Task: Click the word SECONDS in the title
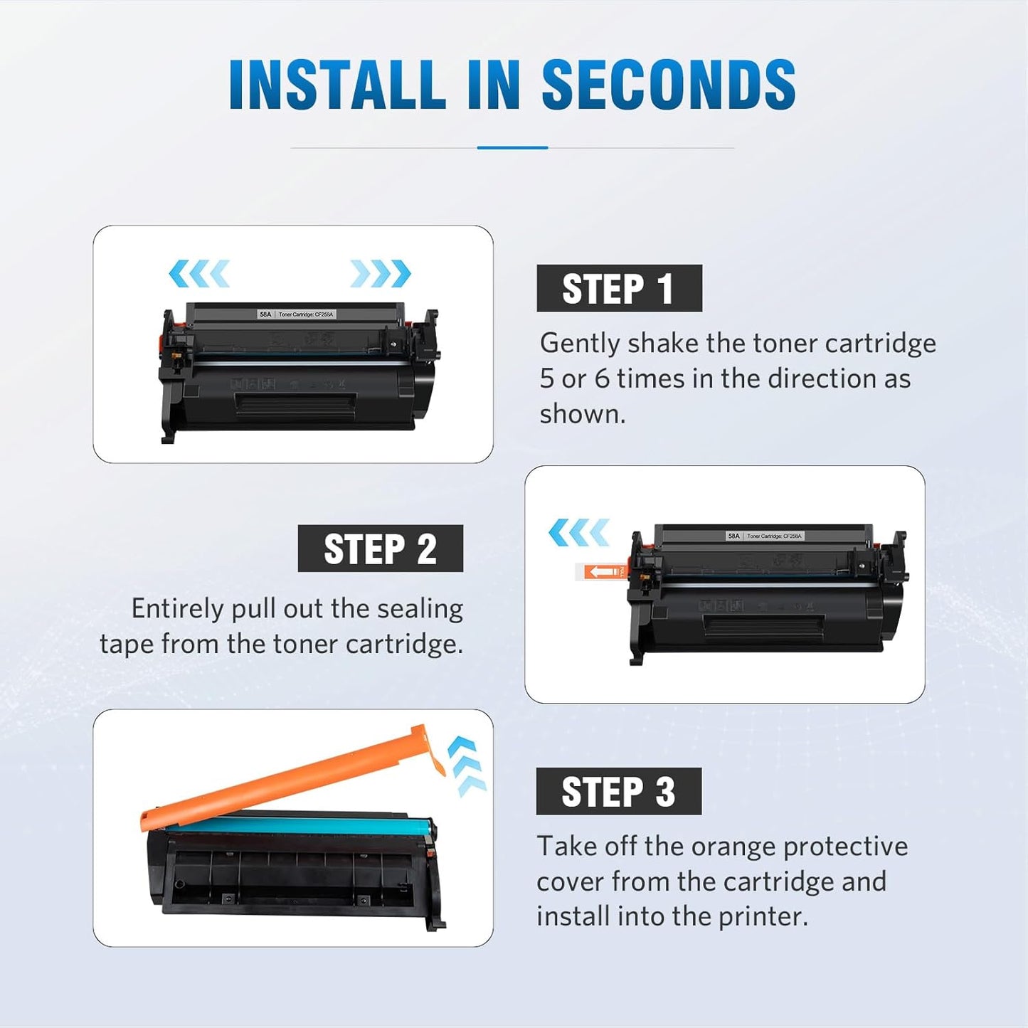point(668,85)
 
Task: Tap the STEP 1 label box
point(619,288)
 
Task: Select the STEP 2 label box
point(380,549)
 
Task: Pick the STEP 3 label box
point(618,791)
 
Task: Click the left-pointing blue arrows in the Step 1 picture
point(199,273)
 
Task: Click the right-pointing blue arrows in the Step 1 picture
point(381,273)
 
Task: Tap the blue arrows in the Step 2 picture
point(579,532)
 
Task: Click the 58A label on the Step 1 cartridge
point(265,314)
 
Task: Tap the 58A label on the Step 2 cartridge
point(733,536)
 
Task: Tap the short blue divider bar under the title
point(512,147)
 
